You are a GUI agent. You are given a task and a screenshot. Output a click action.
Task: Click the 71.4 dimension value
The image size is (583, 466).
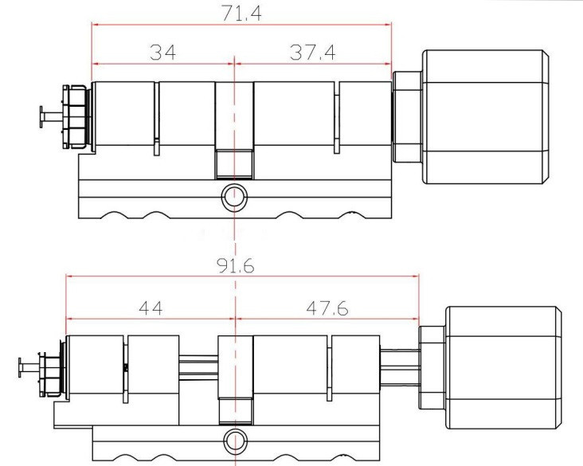coord(241,14)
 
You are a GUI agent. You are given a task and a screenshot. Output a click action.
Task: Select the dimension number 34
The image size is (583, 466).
coord(162,53)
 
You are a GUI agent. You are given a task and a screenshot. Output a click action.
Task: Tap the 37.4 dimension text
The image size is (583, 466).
coord(312,53)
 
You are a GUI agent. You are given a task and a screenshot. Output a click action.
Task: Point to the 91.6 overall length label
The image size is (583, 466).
coord(236,266)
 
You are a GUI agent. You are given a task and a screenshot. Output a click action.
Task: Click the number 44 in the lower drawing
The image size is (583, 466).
coord(151,308)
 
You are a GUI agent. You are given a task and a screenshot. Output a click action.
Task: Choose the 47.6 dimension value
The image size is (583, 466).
coord(327,308)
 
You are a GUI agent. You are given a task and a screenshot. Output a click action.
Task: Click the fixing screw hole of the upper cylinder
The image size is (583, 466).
coord(234,197)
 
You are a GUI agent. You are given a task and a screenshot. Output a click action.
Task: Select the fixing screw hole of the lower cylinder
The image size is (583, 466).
coord(236,441)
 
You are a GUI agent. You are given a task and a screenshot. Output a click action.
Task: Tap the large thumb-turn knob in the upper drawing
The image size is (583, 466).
coord(486,117)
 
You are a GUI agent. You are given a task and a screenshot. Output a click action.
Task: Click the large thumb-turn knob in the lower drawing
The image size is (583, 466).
coord(503,367)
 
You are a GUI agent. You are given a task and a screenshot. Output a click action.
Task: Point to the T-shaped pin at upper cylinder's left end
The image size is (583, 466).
coord(50,117)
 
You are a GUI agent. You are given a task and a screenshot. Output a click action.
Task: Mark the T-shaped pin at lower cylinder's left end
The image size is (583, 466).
coord(29,368)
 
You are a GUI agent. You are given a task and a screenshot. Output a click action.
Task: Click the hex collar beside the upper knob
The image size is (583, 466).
coord(407,117)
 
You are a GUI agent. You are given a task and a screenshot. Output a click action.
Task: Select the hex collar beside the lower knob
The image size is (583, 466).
coord(432,367)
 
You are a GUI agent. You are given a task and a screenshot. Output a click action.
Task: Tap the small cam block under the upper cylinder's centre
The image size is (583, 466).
coord(234,164)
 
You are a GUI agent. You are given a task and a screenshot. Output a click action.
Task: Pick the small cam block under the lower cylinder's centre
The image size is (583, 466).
coord(236,411)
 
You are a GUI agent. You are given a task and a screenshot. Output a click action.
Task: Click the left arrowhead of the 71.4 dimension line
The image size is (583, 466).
coord(95,25)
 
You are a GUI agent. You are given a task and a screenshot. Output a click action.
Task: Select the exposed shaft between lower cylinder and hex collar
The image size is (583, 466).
coord(399,368)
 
